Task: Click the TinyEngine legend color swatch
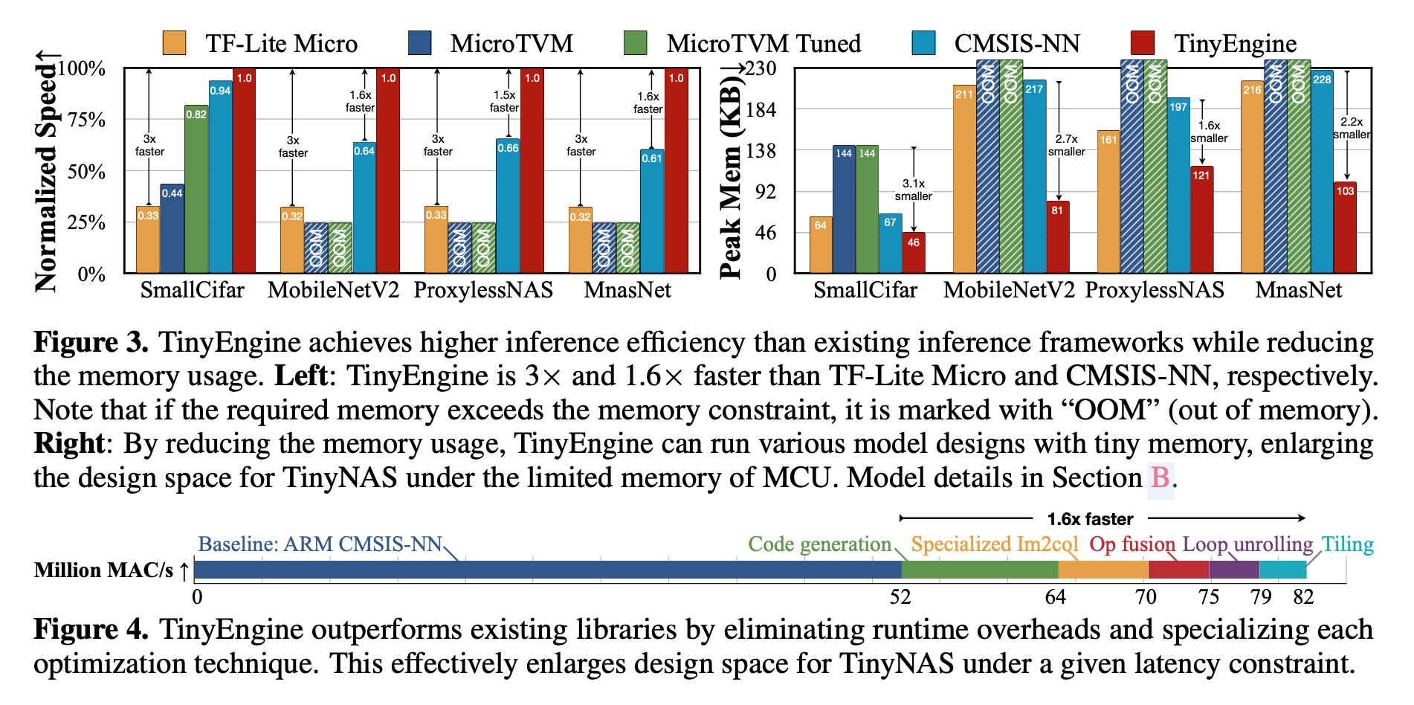pyautogui.click(x=1142, y=43)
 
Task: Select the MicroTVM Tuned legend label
pyautogui.click(x=764, y=43)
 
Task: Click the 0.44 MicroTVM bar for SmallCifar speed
pyautogui.click(x=172, y=229)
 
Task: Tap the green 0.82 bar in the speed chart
pyautogui.click(x=196, y=190)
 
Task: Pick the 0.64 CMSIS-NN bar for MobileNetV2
pyautogui.click(x=364, y=208)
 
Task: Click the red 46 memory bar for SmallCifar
pyautogui.click(x=914, y=254)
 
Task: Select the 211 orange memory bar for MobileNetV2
pyautogui.click(x=964, y=179)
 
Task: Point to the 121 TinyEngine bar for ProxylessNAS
pyautogui.click(x=1201, y=220)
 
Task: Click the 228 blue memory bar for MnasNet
pyautogui.click(x=1322, y=172)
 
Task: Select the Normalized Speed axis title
pyautogui.click(x=46, y=172)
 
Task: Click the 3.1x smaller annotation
pyautogui.click(x=913, y=190)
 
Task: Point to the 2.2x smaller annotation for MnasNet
pyautogui.click(x=1351, y=128)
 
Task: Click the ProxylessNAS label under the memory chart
pyautogui.click(x=1155, y=290)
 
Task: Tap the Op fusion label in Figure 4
pyautogui.click(x=1131, y=544)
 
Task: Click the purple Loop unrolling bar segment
pyautogui.click(x=1234, y=570)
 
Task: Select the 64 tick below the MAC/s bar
pyautogui.click(x=1056, y=597)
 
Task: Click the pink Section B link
pyautogui.click(x=1160, y=477)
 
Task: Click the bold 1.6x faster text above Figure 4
pyautogui.click(x=1090, y=519)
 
